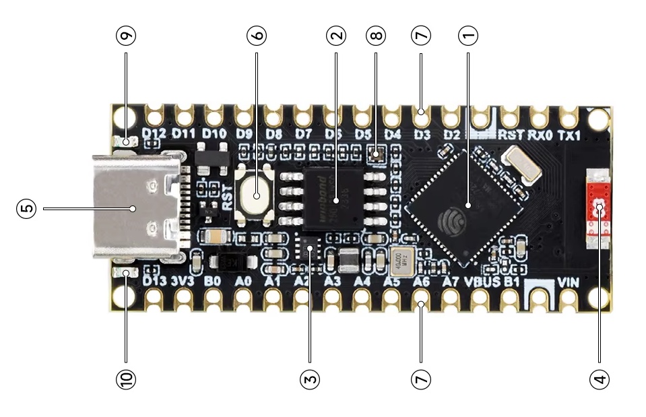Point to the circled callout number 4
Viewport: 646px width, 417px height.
(598, 379)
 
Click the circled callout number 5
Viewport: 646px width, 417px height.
(26, 209)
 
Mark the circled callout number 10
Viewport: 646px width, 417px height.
(125, 379)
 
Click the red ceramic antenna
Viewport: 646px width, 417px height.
(597, 209)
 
